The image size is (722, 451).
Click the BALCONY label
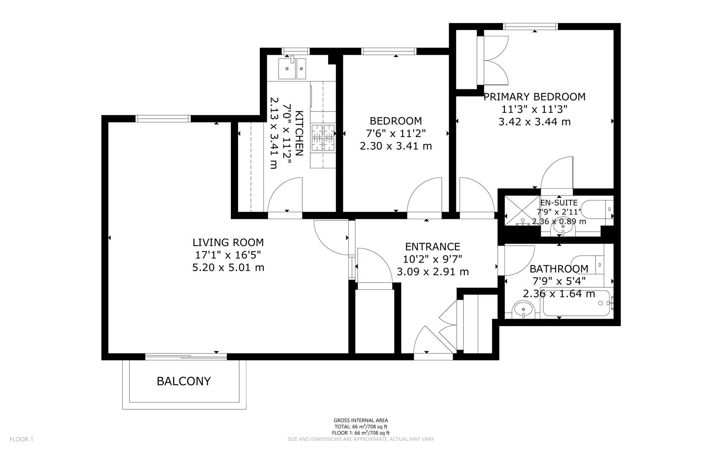(183, 381)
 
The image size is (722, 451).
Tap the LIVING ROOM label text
(228, 242)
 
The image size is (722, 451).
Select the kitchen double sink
(292, 68)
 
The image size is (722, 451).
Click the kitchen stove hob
(323, 138)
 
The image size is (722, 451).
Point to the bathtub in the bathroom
(577, 303)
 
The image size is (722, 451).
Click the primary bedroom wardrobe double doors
(495, 61)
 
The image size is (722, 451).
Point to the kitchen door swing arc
(285, 195)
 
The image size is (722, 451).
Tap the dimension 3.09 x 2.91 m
(433, 272)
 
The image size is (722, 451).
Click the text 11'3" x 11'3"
(534, 109)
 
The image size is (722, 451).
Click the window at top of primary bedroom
(531, 27)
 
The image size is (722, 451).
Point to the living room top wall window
(163, 119)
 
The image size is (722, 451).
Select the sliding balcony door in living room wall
(186, 357)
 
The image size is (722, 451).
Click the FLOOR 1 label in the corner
(21, 439)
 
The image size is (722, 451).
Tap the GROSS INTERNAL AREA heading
(360, 421)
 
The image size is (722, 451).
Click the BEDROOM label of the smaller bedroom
(395, 121)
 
